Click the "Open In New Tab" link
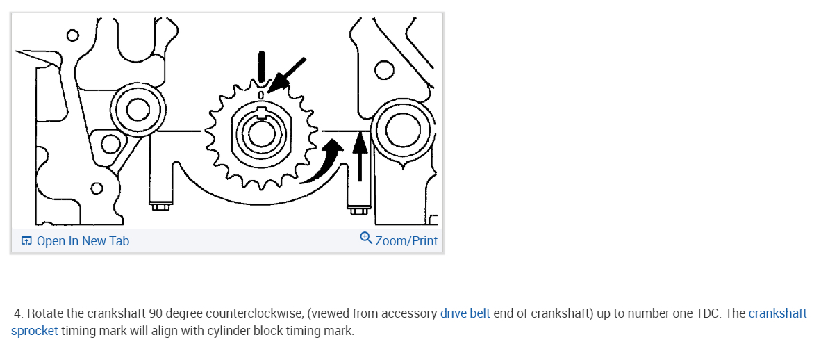point(82,241)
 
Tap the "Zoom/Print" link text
point(406,241)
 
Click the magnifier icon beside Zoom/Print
point(366,238)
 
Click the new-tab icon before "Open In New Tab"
point(26,241)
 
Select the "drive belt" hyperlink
point(465,313)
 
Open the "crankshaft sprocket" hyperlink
point(777,313)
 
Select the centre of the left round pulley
point(136,108)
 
